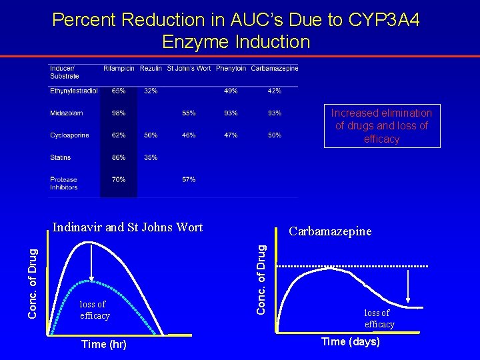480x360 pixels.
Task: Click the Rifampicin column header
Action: pos(119,68)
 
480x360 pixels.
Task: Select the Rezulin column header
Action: pos(151,68)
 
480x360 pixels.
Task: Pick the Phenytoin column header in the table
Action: pos(231,68)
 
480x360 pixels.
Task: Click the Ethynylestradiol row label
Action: pos(74,91)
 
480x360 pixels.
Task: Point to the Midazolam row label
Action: pos(67,113)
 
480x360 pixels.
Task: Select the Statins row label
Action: pos(60,158)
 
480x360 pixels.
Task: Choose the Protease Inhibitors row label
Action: pos(64,183)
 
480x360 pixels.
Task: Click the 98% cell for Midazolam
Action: pos(119,113)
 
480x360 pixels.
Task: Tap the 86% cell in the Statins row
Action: pos(119,158)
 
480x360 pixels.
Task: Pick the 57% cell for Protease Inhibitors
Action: pos(189,180)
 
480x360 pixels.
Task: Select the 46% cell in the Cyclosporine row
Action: pos(189,135)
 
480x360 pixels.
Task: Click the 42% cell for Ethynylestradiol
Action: pos(274,91)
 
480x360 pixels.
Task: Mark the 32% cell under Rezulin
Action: pos(151,91)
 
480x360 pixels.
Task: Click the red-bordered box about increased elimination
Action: pos(381,126)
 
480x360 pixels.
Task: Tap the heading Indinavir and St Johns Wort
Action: pos(127,227)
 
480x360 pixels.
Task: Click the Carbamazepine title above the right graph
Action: pos(330,232)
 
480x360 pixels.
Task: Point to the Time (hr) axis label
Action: pos(103,345)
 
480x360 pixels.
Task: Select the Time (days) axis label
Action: pos(351,342)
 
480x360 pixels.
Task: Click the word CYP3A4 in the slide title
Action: pos(383,20)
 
